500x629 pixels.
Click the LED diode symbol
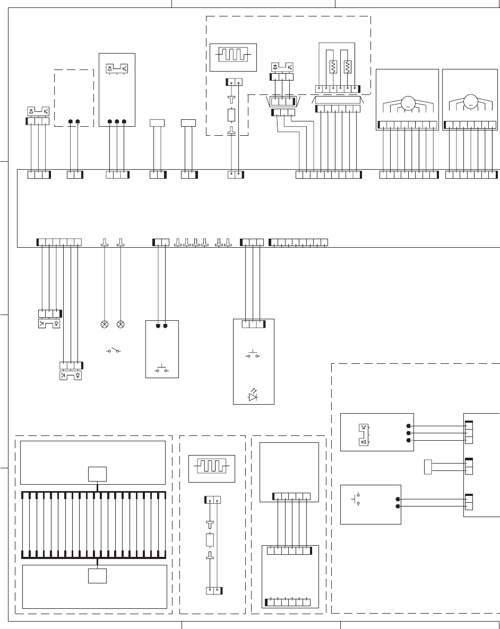click(x=254, y=395)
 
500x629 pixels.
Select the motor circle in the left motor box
click(x=408, y=102)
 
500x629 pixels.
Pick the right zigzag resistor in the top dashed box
click(x=348, y=67)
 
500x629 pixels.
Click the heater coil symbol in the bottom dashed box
click(x=212, y=467)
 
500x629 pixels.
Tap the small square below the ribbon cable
click(x=98, y=575)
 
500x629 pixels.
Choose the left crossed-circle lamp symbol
click(x=104, y=324)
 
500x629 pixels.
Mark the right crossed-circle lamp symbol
click(x=120, y=324)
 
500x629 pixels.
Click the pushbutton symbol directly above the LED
click(x=254, y=354)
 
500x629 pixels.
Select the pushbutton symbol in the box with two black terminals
click(x=162, y=368)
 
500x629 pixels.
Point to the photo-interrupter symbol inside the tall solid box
click(x=117, y=68)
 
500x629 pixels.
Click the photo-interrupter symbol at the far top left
click(x=38, y=111)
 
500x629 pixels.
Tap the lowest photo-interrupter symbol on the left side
click(x=71, y=375)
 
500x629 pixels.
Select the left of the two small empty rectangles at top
click(x=158, y=123)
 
